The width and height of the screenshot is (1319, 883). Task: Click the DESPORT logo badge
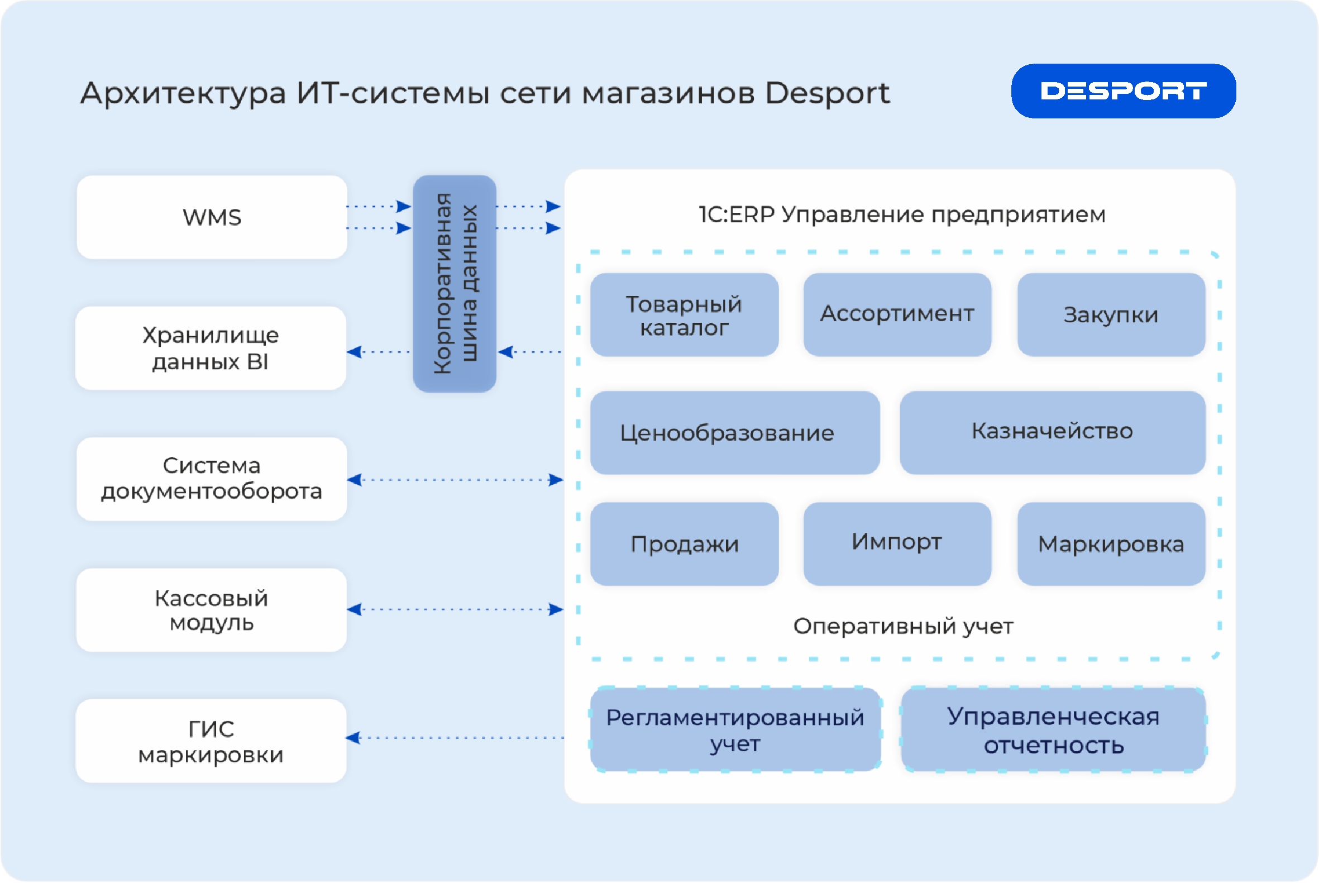[x=1123, y=90]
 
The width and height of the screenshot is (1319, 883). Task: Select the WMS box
[x=212, y=217]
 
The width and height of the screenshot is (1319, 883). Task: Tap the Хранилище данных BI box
[x=211, y=348]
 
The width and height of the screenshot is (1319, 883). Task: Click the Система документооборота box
[x=212, y=479]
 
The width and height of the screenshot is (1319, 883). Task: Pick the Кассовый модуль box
[x=212, y=610]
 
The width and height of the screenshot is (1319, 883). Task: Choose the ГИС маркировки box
[x=211, y=741]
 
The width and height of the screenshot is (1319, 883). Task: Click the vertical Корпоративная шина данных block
[x=455, y=283]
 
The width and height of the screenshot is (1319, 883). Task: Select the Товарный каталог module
[x=684, y=315]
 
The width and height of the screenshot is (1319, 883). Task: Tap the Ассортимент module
[x=897, y=315]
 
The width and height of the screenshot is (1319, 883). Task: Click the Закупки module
[x=1111, y=315]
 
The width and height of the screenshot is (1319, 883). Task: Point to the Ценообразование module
[x=735, y=432]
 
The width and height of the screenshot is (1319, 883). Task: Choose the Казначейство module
[x=1052, y=432]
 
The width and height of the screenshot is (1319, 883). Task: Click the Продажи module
[x=684, y=544]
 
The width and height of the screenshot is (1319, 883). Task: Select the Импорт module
[x=897, y=544]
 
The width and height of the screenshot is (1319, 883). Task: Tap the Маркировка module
[x=1111, y=544]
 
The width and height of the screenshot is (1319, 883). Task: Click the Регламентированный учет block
[x=735, y=729]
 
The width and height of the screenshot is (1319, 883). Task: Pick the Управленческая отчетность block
[x=1053, y=729]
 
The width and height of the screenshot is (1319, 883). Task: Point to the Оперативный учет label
[x=903, y=626]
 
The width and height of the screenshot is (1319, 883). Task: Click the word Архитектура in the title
[x=183, y=93]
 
